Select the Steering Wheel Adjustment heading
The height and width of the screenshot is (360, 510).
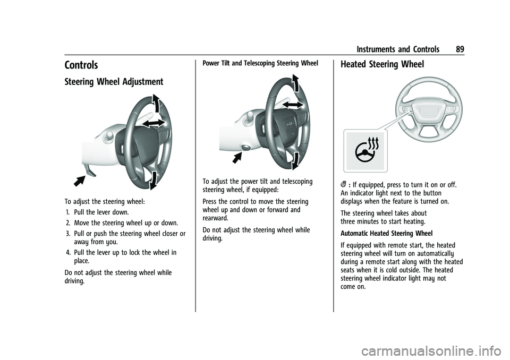point(114,82)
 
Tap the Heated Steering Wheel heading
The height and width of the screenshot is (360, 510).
point(382,64)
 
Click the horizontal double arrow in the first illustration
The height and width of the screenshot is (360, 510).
point(153,123)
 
